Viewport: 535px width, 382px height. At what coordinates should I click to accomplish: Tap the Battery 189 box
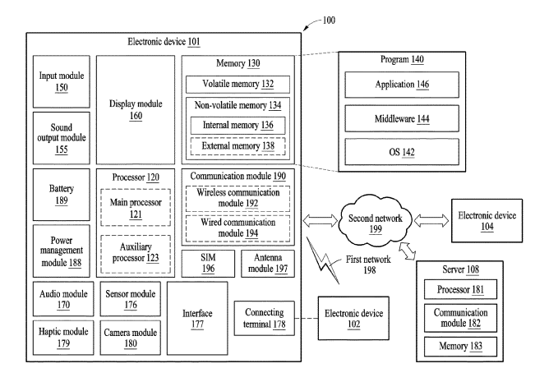(60, 194)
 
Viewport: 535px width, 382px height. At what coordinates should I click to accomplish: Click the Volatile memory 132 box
(237, 84)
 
